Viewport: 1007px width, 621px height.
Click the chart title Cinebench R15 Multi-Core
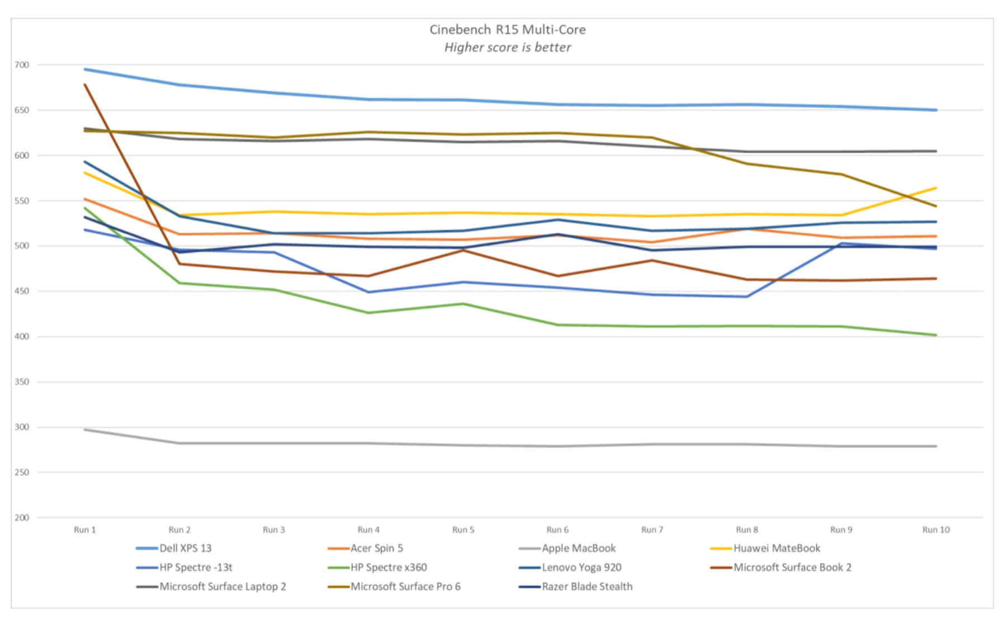point(507,30)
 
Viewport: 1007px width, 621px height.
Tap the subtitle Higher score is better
point(507,48)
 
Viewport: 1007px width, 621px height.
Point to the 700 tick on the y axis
point(22,65)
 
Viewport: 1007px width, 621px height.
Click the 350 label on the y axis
point(22,382)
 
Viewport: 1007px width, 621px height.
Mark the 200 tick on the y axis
point(22,517)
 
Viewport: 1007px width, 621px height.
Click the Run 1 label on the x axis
point(85,530)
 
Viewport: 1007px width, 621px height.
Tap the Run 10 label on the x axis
point(936,530)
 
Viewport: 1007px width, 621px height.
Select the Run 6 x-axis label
point(557,530)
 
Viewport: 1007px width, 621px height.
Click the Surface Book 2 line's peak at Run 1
point(85,84)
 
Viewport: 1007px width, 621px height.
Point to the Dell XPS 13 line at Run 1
point(85,69)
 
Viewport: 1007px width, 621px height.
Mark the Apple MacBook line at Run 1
point(85,430)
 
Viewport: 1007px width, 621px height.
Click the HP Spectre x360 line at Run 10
point(936,335)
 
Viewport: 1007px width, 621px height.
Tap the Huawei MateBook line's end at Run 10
point(936,188)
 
